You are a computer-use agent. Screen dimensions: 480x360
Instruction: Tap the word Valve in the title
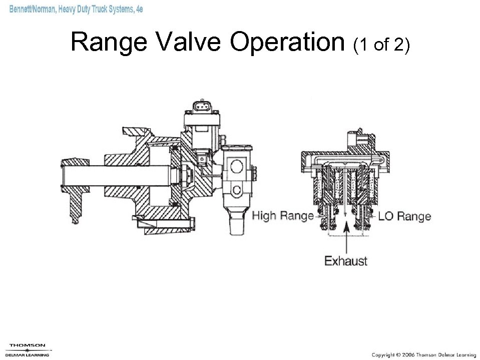pos(189,42)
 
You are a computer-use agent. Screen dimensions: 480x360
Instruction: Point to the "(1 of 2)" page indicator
pos(381,45)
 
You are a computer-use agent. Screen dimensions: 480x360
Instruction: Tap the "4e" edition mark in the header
pos(139,9)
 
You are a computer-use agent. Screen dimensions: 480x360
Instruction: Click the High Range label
pos(283,216)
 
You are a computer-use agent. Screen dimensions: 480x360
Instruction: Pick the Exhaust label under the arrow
pos(346,261)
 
